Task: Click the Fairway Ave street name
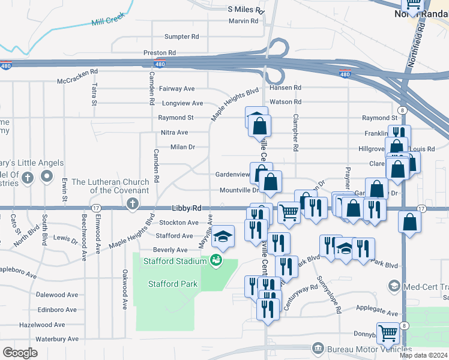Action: tap(177, 88)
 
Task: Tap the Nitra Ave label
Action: tap(174, 133)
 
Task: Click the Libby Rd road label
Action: tap(186, 208)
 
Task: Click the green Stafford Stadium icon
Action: tap(215, 260)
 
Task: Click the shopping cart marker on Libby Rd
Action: tap(289, 212)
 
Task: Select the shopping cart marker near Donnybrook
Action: tap(388, 331)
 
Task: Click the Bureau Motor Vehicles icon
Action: tap(318, 349)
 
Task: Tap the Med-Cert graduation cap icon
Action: tap(394, 286)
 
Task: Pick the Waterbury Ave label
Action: tap(57, 339)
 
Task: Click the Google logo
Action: tap(20, 353)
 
